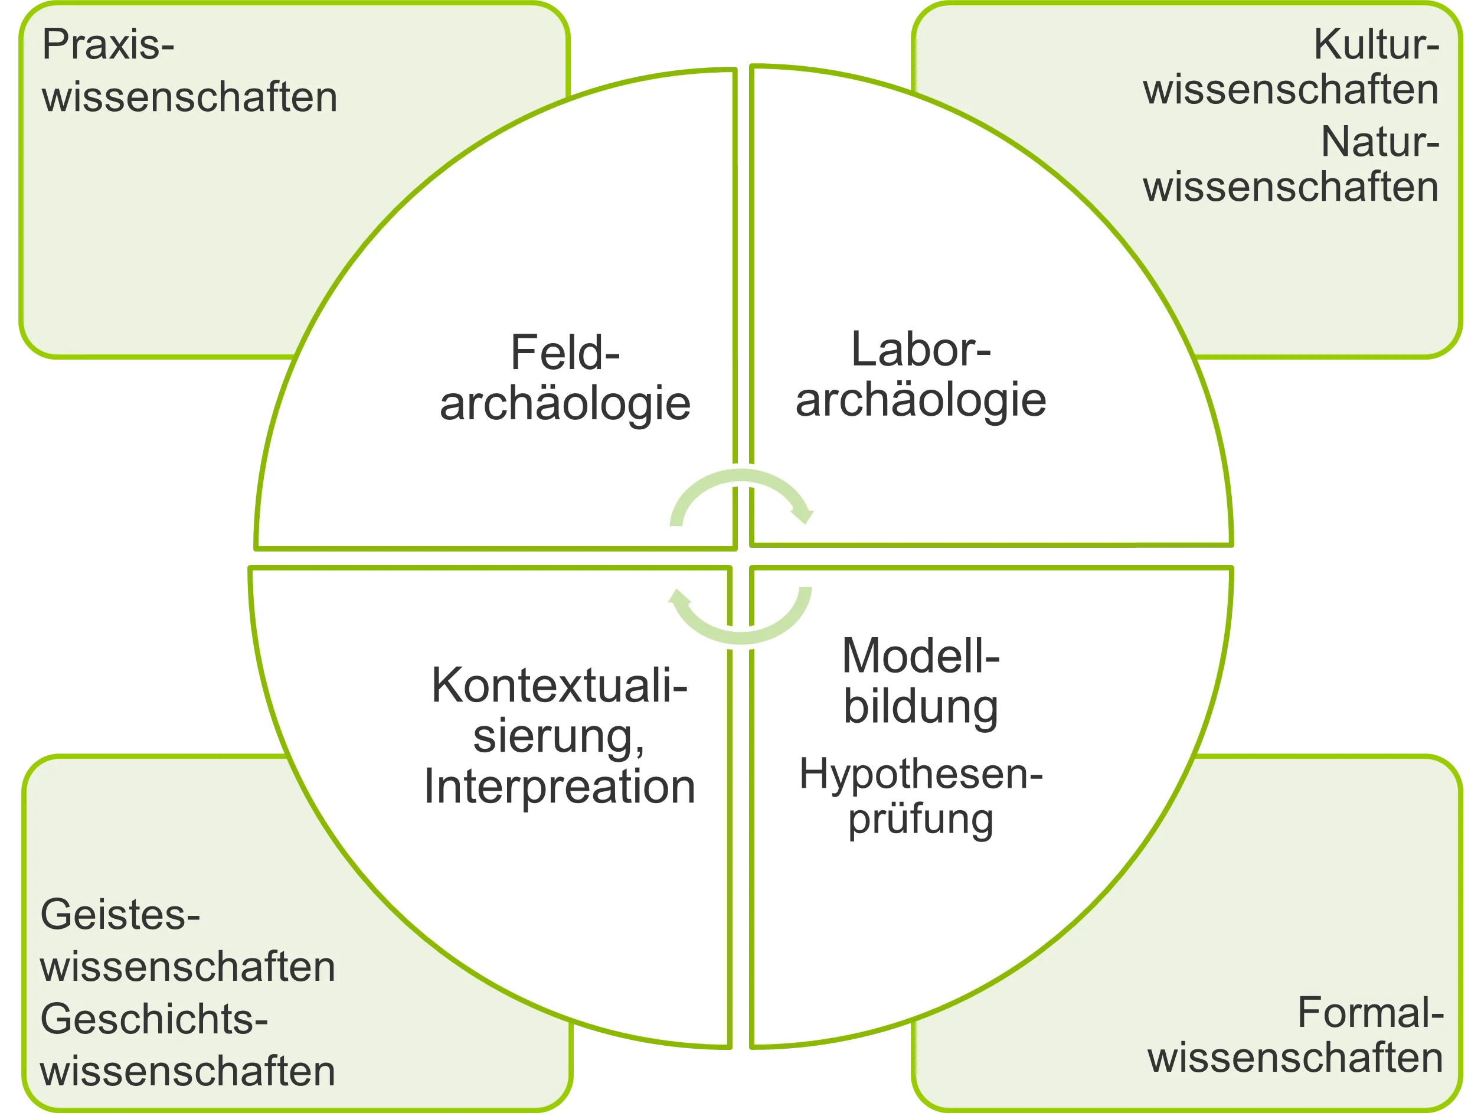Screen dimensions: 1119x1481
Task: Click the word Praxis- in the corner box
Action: pyautogui.click(x=108, y=45)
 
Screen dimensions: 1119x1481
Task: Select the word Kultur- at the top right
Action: pyautogui.click(x=1376, y=45)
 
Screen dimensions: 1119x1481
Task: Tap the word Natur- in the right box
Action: pyautogui.click(x=1379, y=143)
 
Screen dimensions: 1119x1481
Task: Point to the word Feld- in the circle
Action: pyautogui.click(x=565, y=353)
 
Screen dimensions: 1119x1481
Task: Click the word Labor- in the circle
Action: pyautogui.click(x=921, y=350)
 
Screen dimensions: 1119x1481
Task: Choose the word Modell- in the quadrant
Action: pyautogui.click(x=921, y=655)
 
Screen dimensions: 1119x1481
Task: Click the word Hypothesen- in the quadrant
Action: pyautogui.click(x=921, y=775)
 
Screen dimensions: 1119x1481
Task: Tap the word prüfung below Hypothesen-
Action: pyautogui.click(x=921, y=820)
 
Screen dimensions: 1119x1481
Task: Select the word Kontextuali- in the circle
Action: pyautogui.click(x=559, y=686)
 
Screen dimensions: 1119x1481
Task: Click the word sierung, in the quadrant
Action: pyautogui.click(x=559, y=736)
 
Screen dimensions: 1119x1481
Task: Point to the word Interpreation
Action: pyautogui.click(x=559, y=787)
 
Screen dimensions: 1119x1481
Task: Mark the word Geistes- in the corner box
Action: pyautogui.click(x=120, y=915)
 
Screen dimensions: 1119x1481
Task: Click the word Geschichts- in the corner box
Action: pyautogui.click(x=154, y=1020)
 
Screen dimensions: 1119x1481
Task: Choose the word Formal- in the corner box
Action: pyautogui.click(x=1370, y=1013)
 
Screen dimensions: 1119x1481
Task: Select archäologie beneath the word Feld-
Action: pyautogui.click(x=565, y=403)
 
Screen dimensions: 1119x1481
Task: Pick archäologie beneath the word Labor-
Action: pyautogui.click(x=921, y=400)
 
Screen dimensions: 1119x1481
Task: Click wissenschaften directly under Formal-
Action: pyautogui.click(x=1295, y=1058)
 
